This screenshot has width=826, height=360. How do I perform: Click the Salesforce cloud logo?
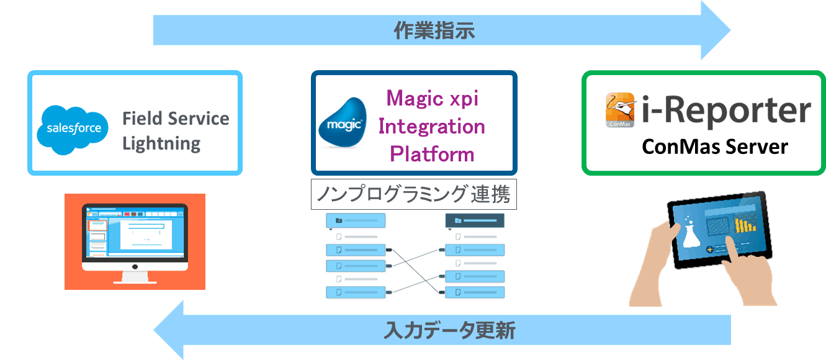pyautogui.click(x=73, y=128)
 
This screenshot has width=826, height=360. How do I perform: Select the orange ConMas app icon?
pyautogui.click(x=620, y=110)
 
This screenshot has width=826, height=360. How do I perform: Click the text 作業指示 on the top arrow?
pyautogui.click(x=434, y=30)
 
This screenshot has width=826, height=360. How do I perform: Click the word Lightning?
pyautogui.click(x=161, y=144)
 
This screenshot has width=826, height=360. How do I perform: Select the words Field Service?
pyautogui.click(x=176, y=119)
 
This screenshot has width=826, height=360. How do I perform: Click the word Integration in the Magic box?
pyautogui.click(x=432, y=127)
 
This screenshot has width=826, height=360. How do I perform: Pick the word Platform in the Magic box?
pyautogui.click(x=432, y=154)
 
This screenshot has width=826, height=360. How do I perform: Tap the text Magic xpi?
pyautogui.click(x=433, y=98)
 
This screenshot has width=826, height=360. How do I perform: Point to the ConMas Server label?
pyautogui.click(x=715, y=146)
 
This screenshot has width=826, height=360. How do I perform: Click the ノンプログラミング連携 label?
pyautogui.click(x=413, y=195)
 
